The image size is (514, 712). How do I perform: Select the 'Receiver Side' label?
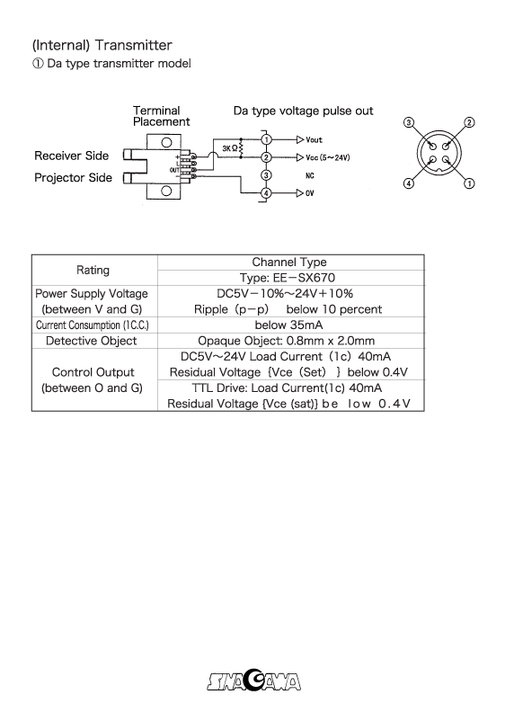[72, 156]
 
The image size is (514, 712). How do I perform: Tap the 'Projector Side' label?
[74, 177]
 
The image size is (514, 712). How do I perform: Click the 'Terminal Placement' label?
[161, 116]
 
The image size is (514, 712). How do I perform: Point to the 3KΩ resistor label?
[223, 147]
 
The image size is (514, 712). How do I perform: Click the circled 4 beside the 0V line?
[266, 193]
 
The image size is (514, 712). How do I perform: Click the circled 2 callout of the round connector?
[470, 122]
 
